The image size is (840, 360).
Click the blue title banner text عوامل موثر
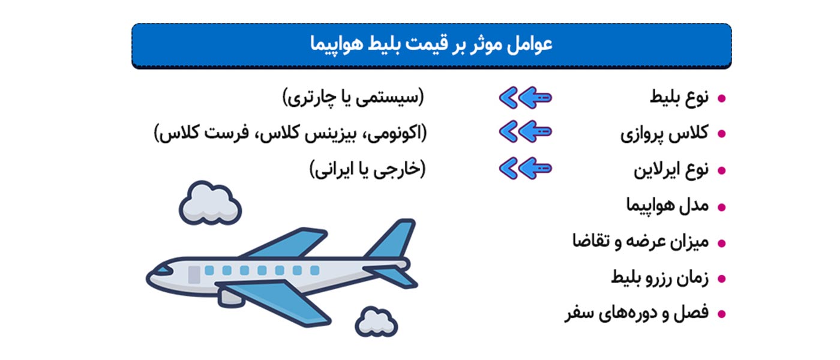[x=431, y=44]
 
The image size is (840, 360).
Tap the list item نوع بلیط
[x=679, y=97]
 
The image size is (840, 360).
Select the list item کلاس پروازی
[x=664, y=133]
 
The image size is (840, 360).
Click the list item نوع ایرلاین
[x=671, y=170]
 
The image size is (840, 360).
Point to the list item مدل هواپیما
[x=667, y=206]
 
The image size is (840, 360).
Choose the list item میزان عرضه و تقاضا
[x=640, y=242]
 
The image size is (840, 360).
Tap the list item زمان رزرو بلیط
[x=659, y=278]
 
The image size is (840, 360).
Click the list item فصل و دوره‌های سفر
[x=636, y=313]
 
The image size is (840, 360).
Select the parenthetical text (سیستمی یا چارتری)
[x=353, y=97]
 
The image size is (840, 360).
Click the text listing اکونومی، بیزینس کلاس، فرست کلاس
[x=290, y=133]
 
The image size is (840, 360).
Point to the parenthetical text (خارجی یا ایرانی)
[x=367, y=170]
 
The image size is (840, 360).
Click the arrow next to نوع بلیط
[x=525, y=97]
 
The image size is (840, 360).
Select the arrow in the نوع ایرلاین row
[x=525, y=169]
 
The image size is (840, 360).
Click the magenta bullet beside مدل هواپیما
[x=722, y=207]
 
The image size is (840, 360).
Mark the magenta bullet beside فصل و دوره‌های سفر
[x=722, y=314]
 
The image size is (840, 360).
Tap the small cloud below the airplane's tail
[x=376, y=322]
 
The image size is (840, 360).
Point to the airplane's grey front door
[x=194, y=274]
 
